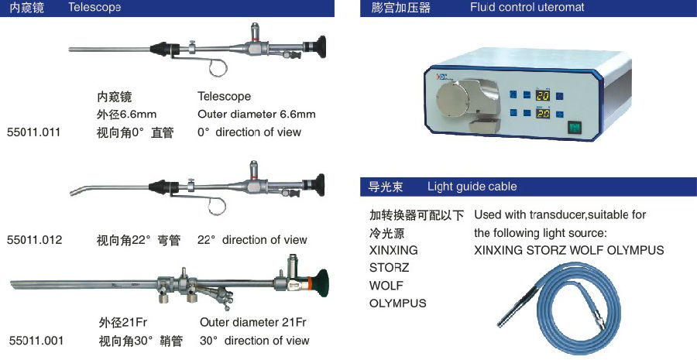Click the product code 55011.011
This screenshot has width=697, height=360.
coord(34,132)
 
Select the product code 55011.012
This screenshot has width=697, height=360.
coord(35,240)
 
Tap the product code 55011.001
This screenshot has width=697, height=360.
coord(36,341)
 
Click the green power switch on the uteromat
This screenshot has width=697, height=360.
coord(575,128)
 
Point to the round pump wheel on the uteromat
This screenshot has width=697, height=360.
coord(453,98)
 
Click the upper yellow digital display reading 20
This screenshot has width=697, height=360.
coord(543,95)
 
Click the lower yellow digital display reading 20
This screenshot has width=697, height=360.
coord(543,113)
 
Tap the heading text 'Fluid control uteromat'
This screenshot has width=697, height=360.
coord(527,8)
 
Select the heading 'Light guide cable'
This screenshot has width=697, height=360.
coord(472,187)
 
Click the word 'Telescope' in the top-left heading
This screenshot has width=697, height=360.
coord(94,8)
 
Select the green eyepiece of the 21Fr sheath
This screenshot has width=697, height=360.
coord(320,282)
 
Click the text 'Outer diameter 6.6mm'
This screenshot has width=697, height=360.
coord(256,115)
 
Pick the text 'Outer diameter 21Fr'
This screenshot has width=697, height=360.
coord(253,322)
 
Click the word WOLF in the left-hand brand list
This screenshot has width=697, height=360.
coord(386,286)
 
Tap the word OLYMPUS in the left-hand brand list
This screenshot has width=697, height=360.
coord(398,303)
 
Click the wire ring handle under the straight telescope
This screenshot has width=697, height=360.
coord(218,67)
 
